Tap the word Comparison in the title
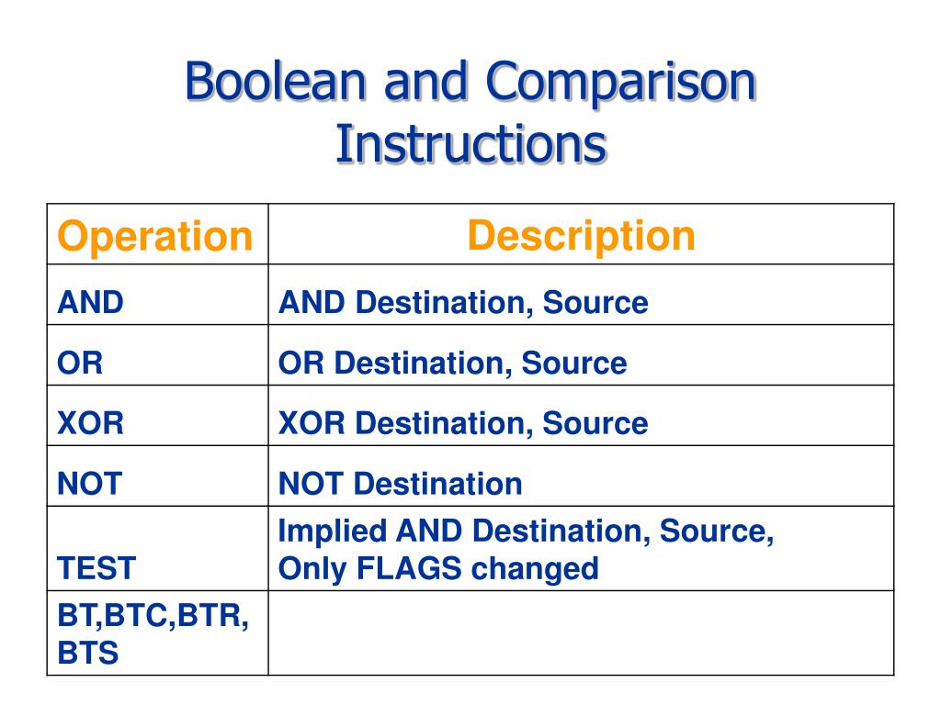tap(620, 83)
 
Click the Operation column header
tap(154, 236)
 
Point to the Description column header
tap(581, 236)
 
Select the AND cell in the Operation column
tap(91, 303)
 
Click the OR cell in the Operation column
tap(81, 364)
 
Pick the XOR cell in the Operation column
tap(91, 423)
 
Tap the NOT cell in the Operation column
tap(89, 484)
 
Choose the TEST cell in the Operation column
tap(96, 568)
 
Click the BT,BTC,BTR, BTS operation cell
tap(153, 633)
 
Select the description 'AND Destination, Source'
tap(463, 303)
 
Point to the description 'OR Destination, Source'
tap(452, 364)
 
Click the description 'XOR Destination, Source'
tap(463, 423)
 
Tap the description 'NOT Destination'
tap(400, 484)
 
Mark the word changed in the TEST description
tap(535, 568)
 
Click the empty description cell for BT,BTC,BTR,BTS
tap(581, 633)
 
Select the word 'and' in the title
tap(426, 83)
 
